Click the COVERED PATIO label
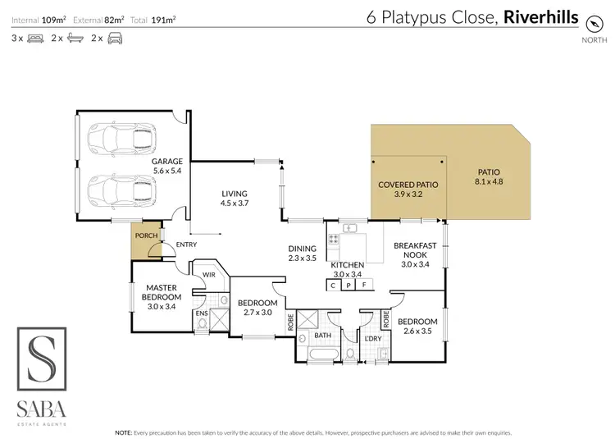(408, 185)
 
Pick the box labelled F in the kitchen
(364, 286)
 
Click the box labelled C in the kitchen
(334, 286)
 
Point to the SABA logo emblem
(43, 358)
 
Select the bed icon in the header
(34, 38)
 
